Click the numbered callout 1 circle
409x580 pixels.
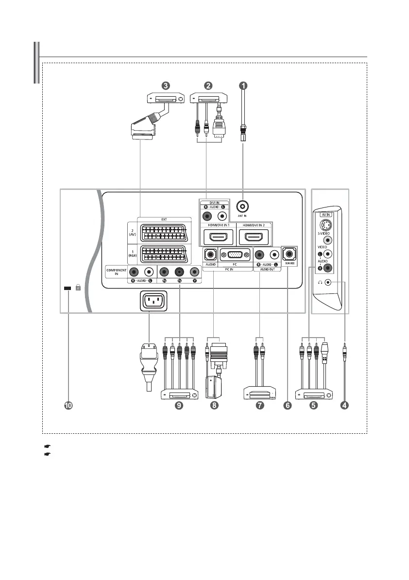(x=243, y=85)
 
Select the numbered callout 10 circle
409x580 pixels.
(x=68, y=406)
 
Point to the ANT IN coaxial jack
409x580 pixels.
(x=243, y=206)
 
